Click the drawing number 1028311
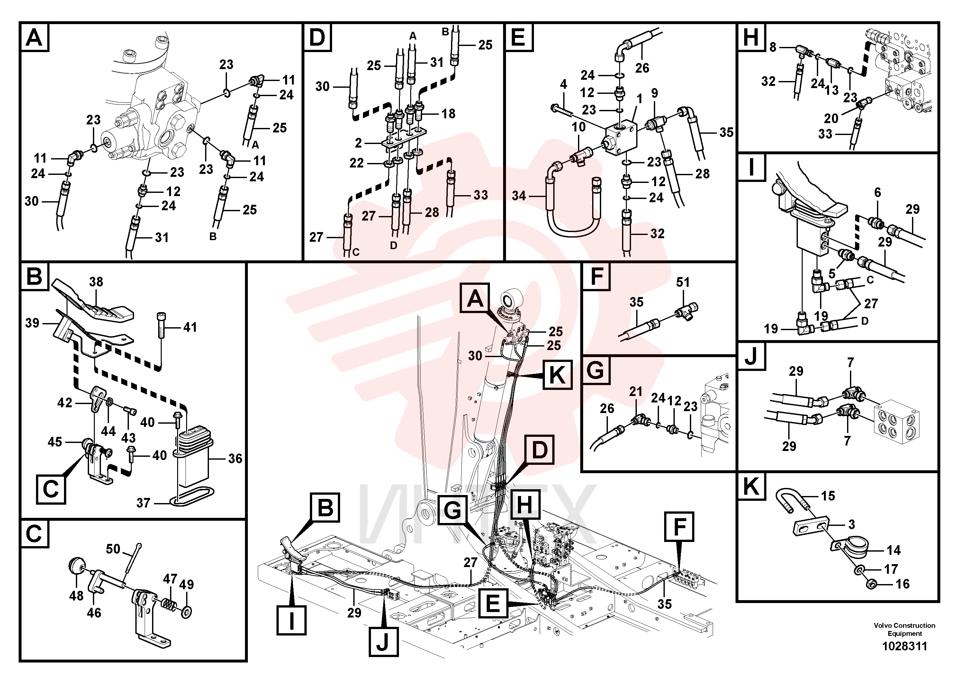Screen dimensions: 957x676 [x=905, y=646]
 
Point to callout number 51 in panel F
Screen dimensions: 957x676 [x=683, y=282]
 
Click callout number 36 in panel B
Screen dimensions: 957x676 [x=235, y=458]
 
